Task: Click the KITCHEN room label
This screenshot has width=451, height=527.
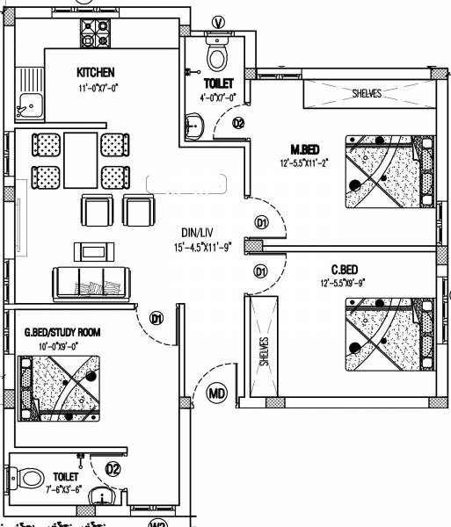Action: point(97,72)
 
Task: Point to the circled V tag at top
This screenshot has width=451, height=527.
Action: point(218,21)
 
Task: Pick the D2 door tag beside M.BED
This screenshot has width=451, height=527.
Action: point(238,124)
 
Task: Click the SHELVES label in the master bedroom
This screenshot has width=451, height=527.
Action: point(367,93)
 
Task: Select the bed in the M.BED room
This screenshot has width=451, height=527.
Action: point(388,170)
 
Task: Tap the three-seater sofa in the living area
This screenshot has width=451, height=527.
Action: point(91,281)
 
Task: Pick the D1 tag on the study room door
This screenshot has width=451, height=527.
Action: point(156,319)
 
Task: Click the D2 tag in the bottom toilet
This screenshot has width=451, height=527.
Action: point(113,469)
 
